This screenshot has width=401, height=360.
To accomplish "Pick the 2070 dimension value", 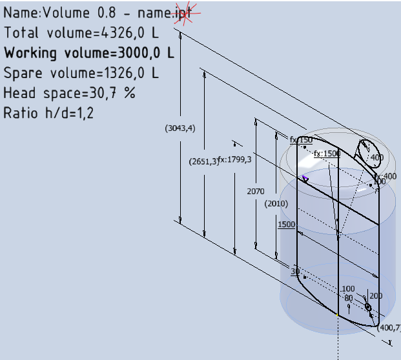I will tap(256, 192).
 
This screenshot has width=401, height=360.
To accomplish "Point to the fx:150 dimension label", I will tap(301, 140).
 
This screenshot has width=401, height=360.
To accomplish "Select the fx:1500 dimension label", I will tap(327, 154).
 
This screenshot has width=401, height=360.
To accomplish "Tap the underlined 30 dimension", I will tap(296, 272).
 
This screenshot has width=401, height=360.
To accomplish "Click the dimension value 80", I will tap(349, 298).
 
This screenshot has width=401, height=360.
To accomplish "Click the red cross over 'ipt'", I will tap(186, 14).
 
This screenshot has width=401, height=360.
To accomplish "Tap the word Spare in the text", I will tap(23, 73).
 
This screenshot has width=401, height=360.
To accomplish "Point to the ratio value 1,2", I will tap(85, 113).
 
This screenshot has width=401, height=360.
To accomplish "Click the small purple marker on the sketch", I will tap(305, 178).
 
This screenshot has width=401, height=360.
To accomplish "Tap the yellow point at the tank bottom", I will tap(338, 314).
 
